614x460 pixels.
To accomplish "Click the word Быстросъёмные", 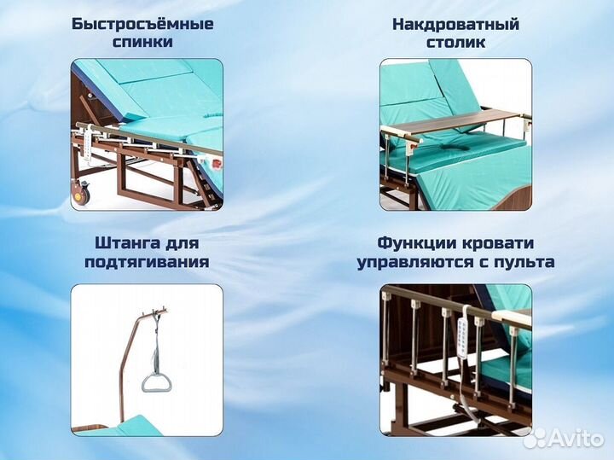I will coord(142,23).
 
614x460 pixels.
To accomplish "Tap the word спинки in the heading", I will coord(142,42).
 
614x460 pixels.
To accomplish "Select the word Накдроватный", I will coord(455,23).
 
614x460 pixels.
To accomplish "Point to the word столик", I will coord(455,42).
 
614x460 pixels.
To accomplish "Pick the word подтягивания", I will coord(147,262).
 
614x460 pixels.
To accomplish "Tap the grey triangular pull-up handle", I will coord(155,382).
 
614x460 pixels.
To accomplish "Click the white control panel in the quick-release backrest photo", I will coord(84,137).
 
